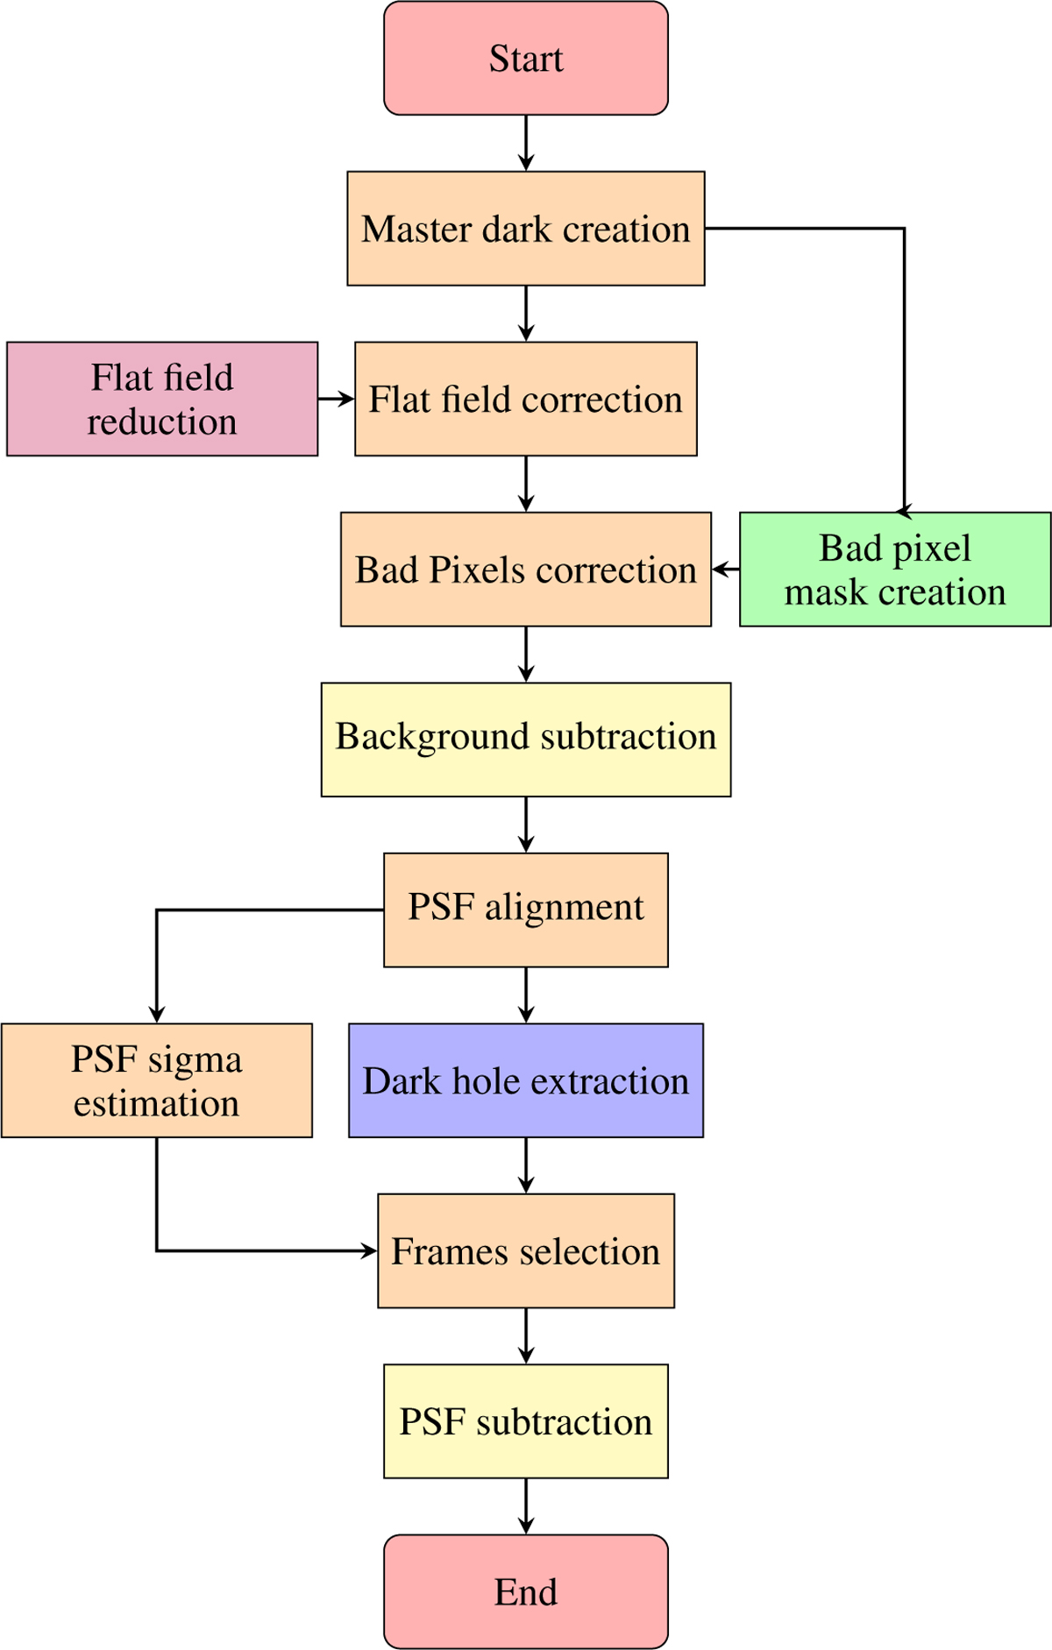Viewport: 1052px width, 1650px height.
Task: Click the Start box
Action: (526, 58)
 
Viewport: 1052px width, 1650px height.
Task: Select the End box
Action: (526, 1591)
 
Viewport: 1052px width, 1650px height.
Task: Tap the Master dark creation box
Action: (526, 229)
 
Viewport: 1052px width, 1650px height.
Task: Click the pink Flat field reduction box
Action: (162, 399)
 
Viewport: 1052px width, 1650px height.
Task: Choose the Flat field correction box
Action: (526, 399)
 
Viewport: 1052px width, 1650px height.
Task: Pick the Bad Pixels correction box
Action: (526, 570)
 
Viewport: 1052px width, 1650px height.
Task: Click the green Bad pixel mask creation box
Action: (895, 570)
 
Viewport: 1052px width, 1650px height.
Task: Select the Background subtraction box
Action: (526, 740)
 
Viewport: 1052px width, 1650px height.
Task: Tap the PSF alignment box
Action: (526, 910)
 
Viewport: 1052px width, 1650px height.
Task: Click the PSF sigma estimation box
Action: (157, 1080)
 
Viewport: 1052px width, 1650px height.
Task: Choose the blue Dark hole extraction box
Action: (526, 1080)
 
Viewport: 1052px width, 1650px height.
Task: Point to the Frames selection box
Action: (526, 1250)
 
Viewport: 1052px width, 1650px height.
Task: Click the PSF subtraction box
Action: (526, 1421)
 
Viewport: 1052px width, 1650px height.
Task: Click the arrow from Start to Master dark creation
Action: (526, 142)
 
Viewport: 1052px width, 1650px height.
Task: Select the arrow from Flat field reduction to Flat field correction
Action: (336, 399)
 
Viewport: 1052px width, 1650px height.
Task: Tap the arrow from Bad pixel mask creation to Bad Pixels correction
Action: (726, 570)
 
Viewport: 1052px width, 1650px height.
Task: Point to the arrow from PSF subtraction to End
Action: (526, 1505)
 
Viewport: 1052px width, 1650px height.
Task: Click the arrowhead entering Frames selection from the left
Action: (371, 1250)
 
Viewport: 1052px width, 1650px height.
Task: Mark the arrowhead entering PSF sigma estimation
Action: (157, 1016)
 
